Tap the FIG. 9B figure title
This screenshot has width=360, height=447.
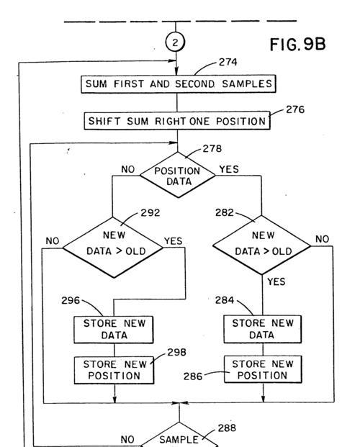click(x=297, y=44)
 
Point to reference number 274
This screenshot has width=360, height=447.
click(x=228, y=62)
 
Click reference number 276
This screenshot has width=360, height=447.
click(x=295, y=109)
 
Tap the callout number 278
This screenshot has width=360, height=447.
click(x=212, y=148)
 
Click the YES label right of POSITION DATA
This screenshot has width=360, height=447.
click(x=229, y=169)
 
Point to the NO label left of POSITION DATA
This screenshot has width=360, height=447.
click(x=127, y=169)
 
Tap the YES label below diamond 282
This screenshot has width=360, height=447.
click(x=276, y=281)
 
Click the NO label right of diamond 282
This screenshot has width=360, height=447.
click(x=322, y=239)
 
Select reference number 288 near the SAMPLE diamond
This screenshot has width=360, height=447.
click(x=227, y=428)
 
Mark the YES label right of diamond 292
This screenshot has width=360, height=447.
click(x=173, y=241)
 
